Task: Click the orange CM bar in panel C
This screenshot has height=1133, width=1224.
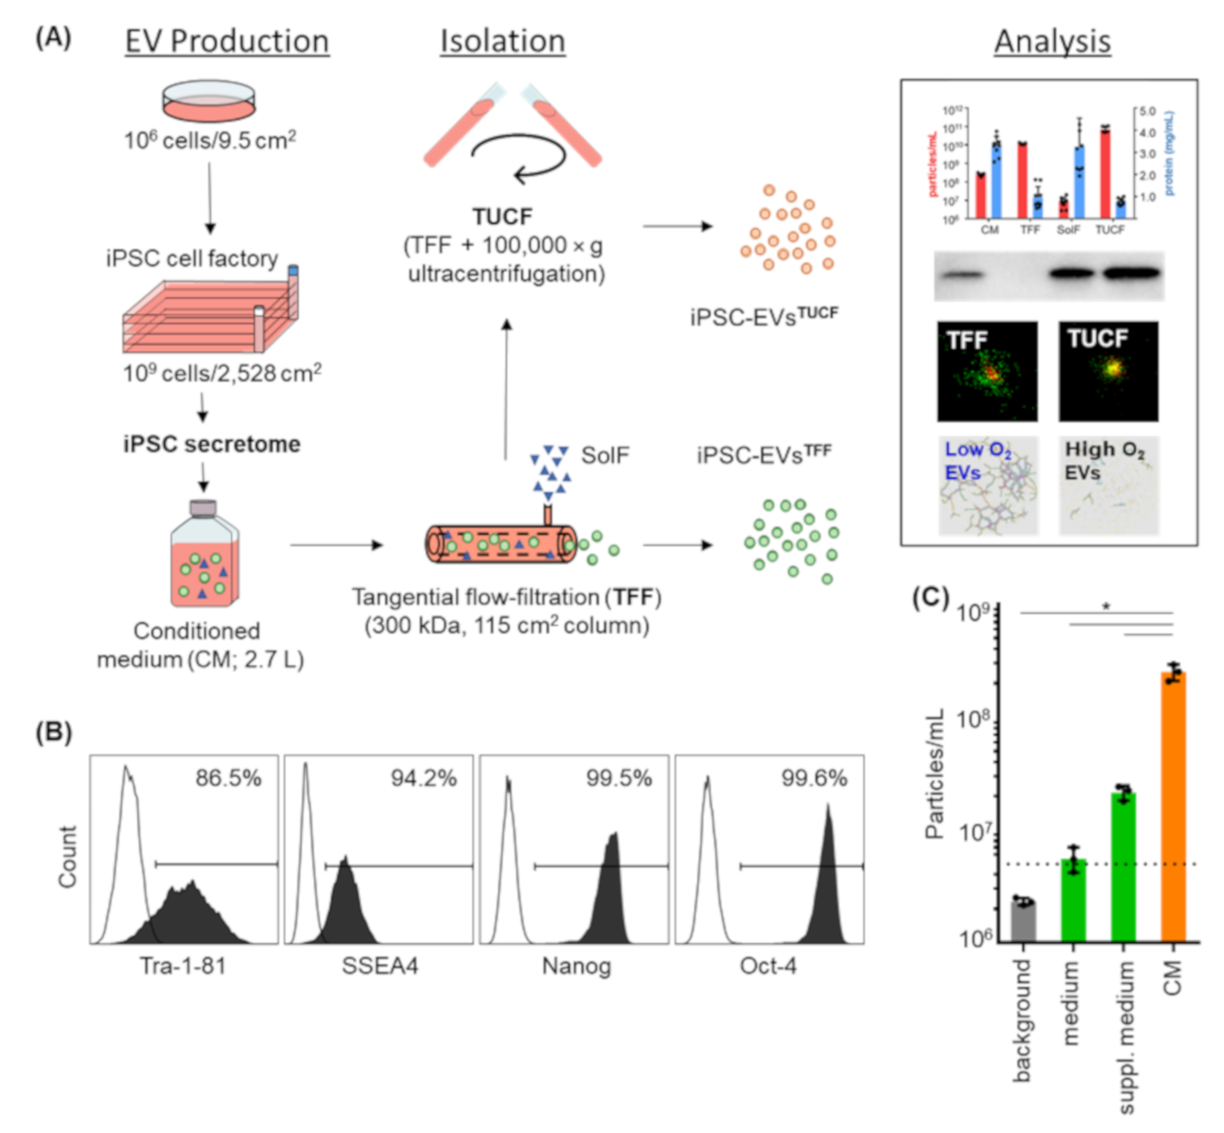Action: [1172, 809]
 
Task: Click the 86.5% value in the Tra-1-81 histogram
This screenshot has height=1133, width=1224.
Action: [228, 779]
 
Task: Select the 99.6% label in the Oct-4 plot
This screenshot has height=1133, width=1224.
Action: [814, 779]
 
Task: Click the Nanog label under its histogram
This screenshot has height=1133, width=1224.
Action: [577, 966]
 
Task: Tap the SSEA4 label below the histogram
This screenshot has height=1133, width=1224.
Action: [379, 966]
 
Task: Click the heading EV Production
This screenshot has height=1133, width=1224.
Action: [227, 42]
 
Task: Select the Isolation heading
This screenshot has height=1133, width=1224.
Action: [503, 42]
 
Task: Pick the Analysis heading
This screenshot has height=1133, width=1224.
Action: [1052, 42]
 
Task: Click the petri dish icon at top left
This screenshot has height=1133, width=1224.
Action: [209, 102]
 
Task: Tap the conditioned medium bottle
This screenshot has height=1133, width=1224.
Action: [204, 555]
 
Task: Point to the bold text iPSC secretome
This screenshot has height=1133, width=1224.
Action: [212, 444]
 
